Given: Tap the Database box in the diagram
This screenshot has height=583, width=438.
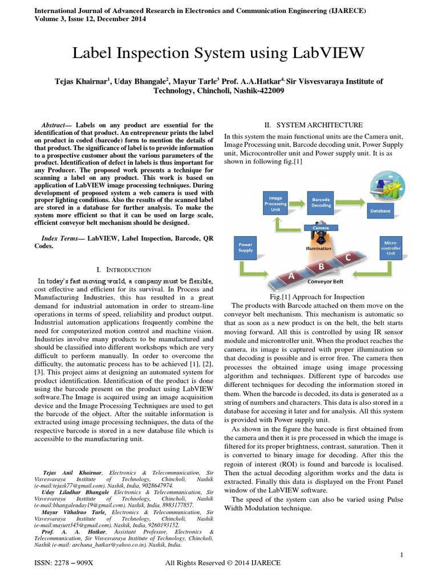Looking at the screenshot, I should tap(380, 211).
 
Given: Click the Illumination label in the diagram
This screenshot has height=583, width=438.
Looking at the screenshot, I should tap(319, 248).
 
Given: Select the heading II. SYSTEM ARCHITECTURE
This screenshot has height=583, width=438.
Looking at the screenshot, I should tap(312, 125).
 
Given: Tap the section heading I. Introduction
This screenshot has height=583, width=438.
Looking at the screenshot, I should tap(124, 269).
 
